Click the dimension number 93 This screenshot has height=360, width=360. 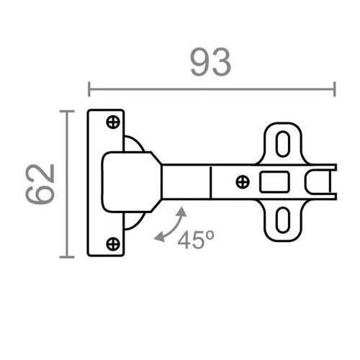tap(211, 63)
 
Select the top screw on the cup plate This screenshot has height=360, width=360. tap(113, 122)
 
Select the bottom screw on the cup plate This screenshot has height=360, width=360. tap(113, 243)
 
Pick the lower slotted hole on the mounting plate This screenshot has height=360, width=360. tap(283, 221)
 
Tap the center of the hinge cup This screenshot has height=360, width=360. tap(127, 181)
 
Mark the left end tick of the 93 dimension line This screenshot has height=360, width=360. tap(89, 89)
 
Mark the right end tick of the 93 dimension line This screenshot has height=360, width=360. tap(335, 89)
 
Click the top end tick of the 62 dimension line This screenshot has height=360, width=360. tap(67, 111)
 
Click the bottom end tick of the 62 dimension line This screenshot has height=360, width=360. tap(67, 256)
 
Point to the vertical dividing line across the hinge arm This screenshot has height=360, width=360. tap(210, 181)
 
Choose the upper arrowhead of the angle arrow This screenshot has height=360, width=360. tap(183, 212)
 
